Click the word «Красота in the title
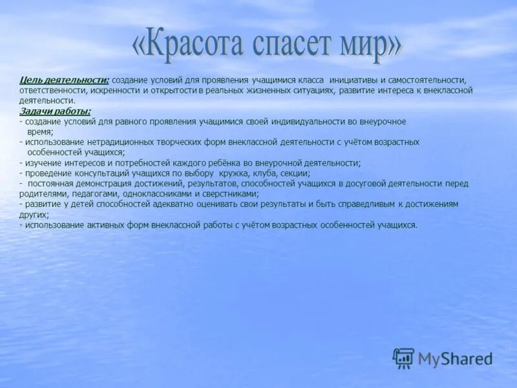point(184,45)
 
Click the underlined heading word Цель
point(30,80)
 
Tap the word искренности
point(113,91)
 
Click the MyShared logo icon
point(403,358)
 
